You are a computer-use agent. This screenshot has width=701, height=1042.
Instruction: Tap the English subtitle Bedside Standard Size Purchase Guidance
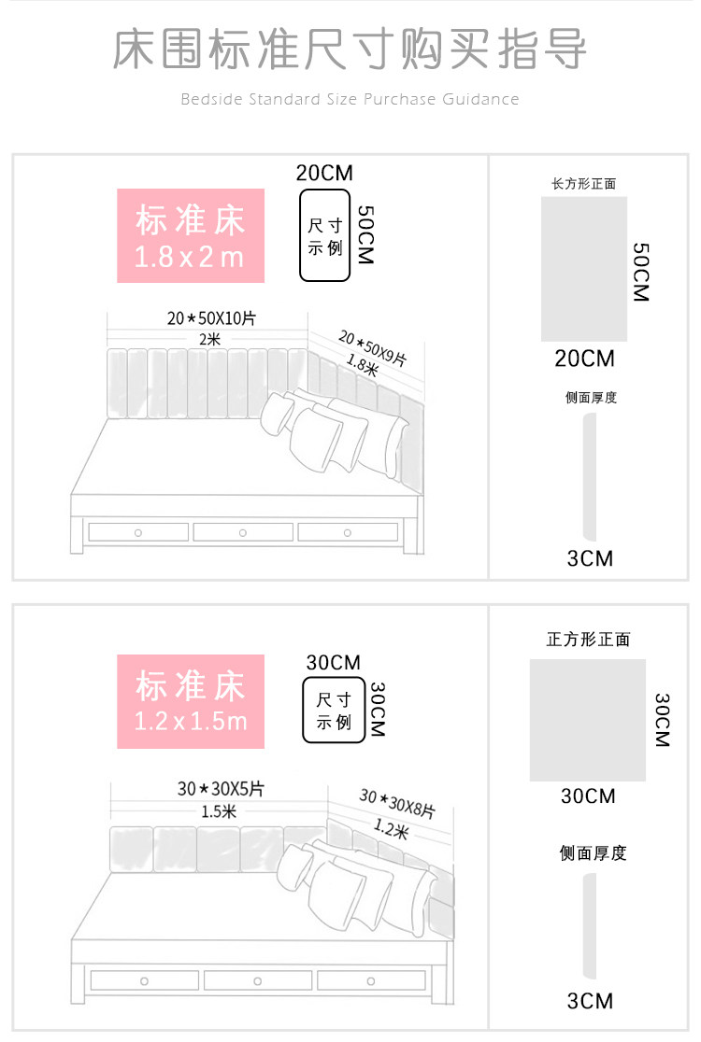pyautogui.click(x=350, y=99)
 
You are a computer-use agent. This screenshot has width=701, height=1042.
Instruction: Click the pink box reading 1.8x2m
pyautogui.click(x=191, y=236)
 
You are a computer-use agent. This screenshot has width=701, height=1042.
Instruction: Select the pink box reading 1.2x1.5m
pyautogui.click(x=191, y=701)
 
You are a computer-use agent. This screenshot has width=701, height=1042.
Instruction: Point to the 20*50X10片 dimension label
pyautogui.click(x=211, y=318)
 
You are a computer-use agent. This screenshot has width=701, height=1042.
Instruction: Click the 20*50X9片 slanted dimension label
pyautogui.click(x=373, y=347)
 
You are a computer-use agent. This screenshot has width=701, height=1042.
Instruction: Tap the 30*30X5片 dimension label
pyautogui.click(x=221, y=789)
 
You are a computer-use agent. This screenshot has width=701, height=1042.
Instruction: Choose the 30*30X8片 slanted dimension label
pyautogui.click(x=396, y=804)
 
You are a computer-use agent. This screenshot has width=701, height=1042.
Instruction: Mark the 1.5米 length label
pyautogui.click(x=218, y=811)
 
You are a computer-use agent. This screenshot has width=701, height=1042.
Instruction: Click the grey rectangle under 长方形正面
pyautogui.click(x=584, y=269)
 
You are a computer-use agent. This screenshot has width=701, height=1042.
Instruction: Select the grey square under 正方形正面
pyautogui.click(x=588, y=720)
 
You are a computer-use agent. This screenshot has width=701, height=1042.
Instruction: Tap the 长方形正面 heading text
pyautogui.click(x=584, y=184)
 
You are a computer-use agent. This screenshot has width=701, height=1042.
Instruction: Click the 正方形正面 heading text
pyautogui.click(x=588, y=640)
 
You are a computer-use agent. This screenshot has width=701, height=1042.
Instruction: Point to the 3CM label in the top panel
pyautogui.click(x=590, y=558)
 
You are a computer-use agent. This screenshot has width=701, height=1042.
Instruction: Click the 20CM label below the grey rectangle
pyautogui.click(x=584, y=359)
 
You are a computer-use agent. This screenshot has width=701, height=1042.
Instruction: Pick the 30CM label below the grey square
pyautogui.click(x=588, y=796)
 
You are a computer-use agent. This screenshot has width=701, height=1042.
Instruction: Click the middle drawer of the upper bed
pyautogui.click(x=243, y=532)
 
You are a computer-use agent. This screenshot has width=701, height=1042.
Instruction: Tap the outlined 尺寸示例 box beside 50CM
pyautogui.click(x=324, y=235)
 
